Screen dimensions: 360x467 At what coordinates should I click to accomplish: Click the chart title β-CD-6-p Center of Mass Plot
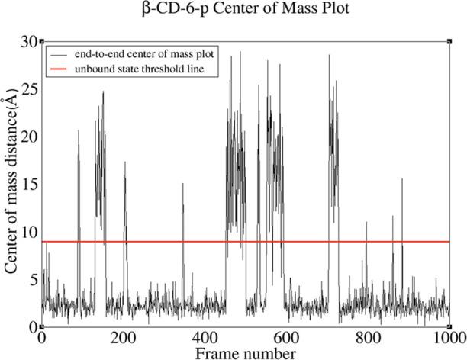244,12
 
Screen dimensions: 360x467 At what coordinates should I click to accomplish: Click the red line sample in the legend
59,69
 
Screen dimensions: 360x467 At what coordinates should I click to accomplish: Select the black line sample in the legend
59,55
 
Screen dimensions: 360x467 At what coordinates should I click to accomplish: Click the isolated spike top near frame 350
183,184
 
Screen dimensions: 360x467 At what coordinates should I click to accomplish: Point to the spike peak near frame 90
78,130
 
